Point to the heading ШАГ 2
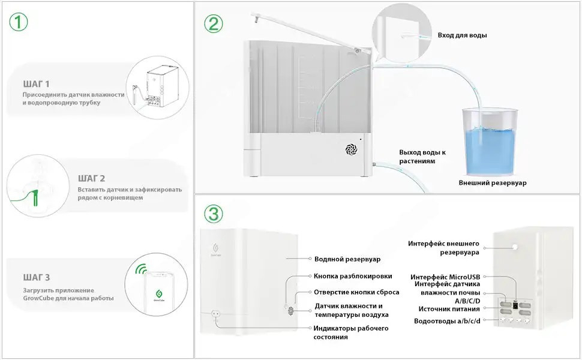coord(91,178)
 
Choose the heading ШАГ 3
coord(37,277)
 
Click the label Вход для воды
coord(462,35)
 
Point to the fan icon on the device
coord(351,150)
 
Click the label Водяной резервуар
coord(347,259)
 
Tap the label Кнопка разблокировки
coord(353,276)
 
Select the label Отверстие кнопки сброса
coord(356,292)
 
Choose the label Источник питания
coord(449,309)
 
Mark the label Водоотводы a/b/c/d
coord(446,321)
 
